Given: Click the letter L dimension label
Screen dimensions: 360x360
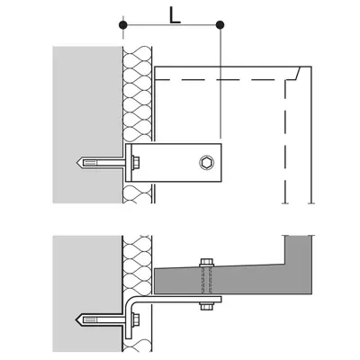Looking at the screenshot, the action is click(x=175, y=15).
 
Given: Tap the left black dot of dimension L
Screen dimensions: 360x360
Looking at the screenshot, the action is click(x=122, y=25).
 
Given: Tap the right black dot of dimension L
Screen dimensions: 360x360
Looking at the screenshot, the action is click(x=220, y=25).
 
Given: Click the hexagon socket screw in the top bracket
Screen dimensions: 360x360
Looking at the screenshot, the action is click(x=206, y=163).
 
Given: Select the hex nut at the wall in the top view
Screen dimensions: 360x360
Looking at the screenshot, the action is click(x=136, y=163).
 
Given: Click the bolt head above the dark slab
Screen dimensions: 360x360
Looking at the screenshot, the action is click(x=206, y=262).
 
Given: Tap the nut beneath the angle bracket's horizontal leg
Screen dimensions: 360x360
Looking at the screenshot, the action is click(x=206, y=306).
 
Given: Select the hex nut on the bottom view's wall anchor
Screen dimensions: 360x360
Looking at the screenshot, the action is click(x=136, y=319).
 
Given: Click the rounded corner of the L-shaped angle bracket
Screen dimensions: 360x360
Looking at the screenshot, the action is click(x=130, y=301).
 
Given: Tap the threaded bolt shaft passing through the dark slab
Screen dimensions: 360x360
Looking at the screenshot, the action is click(x=206, y=280).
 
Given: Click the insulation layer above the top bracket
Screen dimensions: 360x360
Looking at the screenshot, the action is click(x=137, y=94).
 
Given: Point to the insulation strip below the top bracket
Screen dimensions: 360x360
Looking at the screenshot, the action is click(x=138, y=193).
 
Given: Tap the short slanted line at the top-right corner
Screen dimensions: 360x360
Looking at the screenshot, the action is click(x=297, y=73).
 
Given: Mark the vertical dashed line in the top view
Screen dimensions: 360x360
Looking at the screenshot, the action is click(x=285, y=141).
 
